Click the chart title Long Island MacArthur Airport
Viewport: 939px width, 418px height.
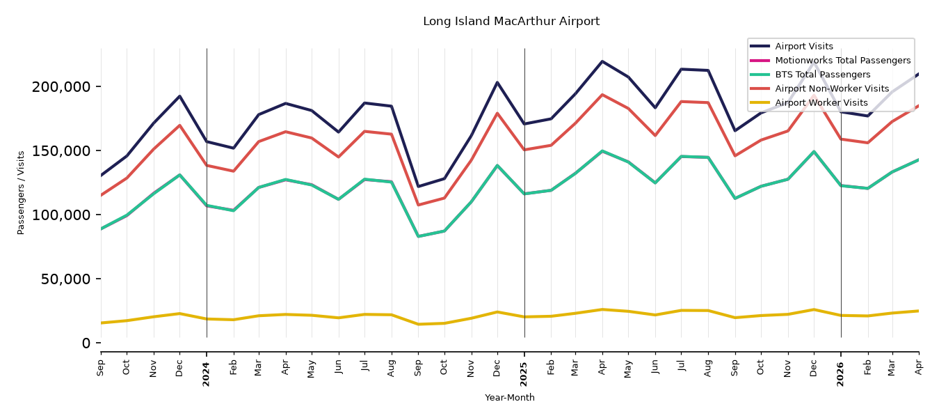[x=511, y=21]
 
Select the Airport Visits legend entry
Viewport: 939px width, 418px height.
[x=803, y=46]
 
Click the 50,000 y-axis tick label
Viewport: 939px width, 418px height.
[x=65, y=279]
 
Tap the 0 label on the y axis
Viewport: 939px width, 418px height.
[x=86, y=343]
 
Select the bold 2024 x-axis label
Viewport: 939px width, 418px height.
[x=206, y=374]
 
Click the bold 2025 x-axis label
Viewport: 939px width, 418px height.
[x=524, y=374]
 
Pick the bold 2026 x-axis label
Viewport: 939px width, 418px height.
[x=840, y=374]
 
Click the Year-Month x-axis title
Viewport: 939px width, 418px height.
[x=510, y=397]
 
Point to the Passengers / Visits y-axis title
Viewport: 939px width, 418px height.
[x=21, y=193]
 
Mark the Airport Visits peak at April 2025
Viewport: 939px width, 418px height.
[x=602, y=61]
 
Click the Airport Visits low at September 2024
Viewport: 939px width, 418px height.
[x=418, y=186]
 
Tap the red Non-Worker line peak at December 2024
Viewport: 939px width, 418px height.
[x=497, y=113]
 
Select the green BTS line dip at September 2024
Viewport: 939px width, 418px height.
[x=418, y=236]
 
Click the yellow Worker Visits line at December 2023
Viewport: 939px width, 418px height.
[x=179, y=313]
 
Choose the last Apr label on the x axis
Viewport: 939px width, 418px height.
[x=918, y=368]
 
